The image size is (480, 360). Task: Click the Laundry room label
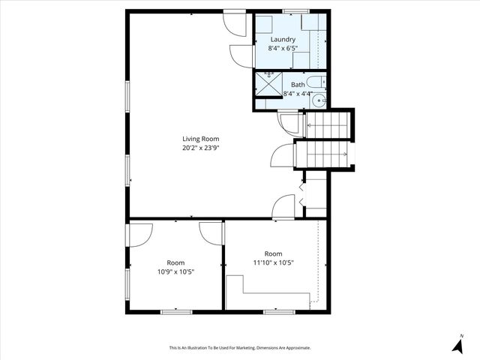click(282, 40)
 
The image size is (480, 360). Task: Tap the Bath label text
click(298, 85)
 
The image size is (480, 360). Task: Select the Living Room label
click(200, 139)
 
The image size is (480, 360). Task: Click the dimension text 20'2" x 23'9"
click(200, 148)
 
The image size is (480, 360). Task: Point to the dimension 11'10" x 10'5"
click(273, 262)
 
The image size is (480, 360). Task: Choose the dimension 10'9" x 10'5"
click(175, 271)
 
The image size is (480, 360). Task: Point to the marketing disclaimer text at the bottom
click(240, 348)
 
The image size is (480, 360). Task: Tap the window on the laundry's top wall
click(295, 11)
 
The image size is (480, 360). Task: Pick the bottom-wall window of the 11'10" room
click(278, 310)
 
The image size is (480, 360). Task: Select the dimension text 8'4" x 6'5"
click(282, 49)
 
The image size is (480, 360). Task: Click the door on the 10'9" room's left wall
click(139, 235)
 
